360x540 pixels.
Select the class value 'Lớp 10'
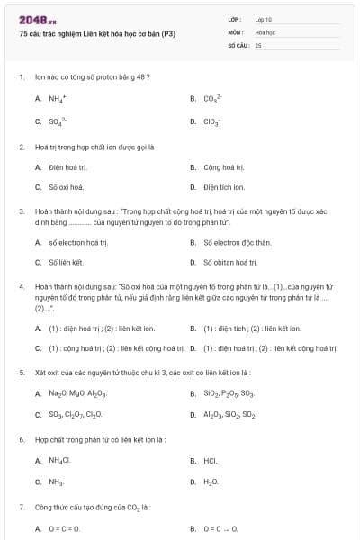point(263,19)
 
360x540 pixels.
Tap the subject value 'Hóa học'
point(265,31)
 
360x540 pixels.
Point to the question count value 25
point(258,44)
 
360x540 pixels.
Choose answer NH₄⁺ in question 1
point(56,99)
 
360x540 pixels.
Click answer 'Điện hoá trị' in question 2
point(67,166)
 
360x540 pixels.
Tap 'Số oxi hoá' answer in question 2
point(66,187)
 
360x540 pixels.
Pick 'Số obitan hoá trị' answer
point(230,262)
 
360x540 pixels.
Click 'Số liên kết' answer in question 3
point(66,262)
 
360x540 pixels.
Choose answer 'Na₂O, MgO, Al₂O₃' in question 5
point(77,393)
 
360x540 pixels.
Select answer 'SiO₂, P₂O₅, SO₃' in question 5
point(229,393)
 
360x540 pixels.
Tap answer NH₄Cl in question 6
point(59,461)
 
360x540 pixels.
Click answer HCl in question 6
point(211,461)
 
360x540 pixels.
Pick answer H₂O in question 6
point(211,482)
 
